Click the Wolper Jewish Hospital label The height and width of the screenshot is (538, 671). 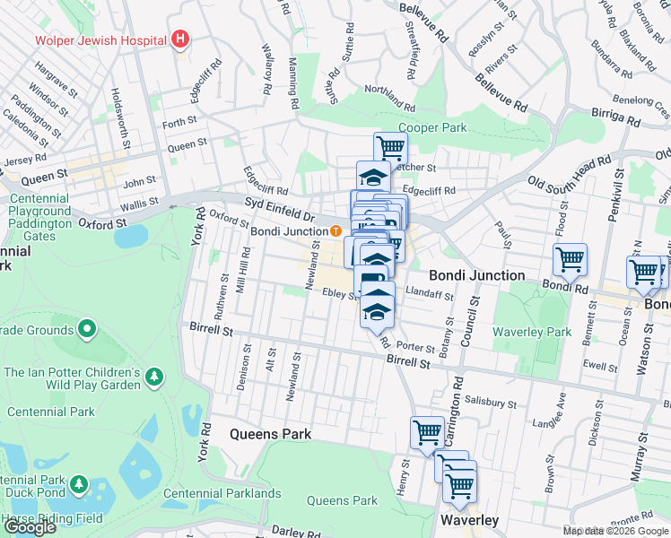coord(100,40)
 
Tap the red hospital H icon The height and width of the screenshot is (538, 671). coord(180,39)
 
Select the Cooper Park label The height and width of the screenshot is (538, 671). coord(433,128)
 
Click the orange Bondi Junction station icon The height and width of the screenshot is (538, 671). coord(335,230)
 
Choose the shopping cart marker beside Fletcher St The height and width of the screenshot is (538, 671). coord(390,147)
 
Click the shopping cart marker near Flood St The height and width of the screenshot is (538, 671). coord(570,260)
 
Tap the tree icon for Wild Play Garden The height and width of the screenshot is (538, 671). coord(154,374)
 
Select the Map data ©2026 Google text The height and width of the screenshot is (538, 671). coord(615,531)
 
